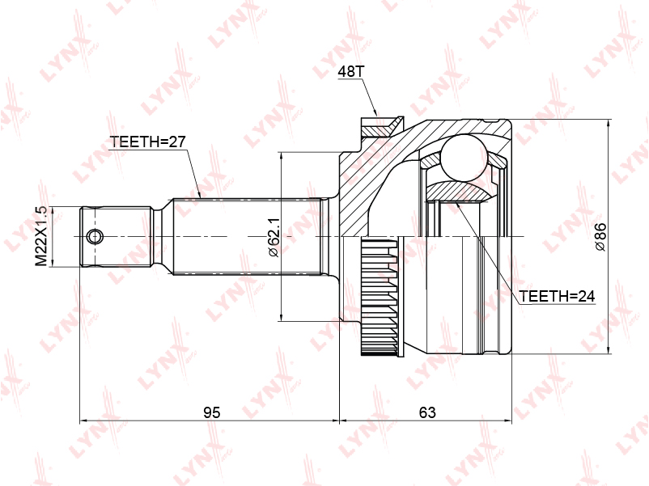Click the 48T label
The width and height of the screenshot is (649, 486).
tap(350, 71)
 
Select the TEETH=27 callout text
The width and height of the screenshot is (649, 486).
tap(148, 142)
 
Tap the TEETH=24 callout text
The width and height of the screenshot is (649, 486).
tap(557, 296)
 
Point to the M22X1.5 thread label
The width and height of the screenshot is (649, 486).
tap(41, 237)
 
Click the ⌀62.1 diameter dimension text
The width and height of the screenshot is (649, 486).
tap(274, 238)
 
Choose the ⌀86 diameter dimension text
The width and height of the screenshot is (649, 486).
tap(600, 237)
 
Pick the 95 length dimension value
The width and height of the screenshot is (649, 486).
tap(211, 412)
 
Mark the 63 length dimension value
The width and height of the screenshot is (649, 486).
tap(427, 412)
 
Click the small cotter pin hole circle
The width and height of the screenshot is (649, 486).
tap(95, 237)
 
